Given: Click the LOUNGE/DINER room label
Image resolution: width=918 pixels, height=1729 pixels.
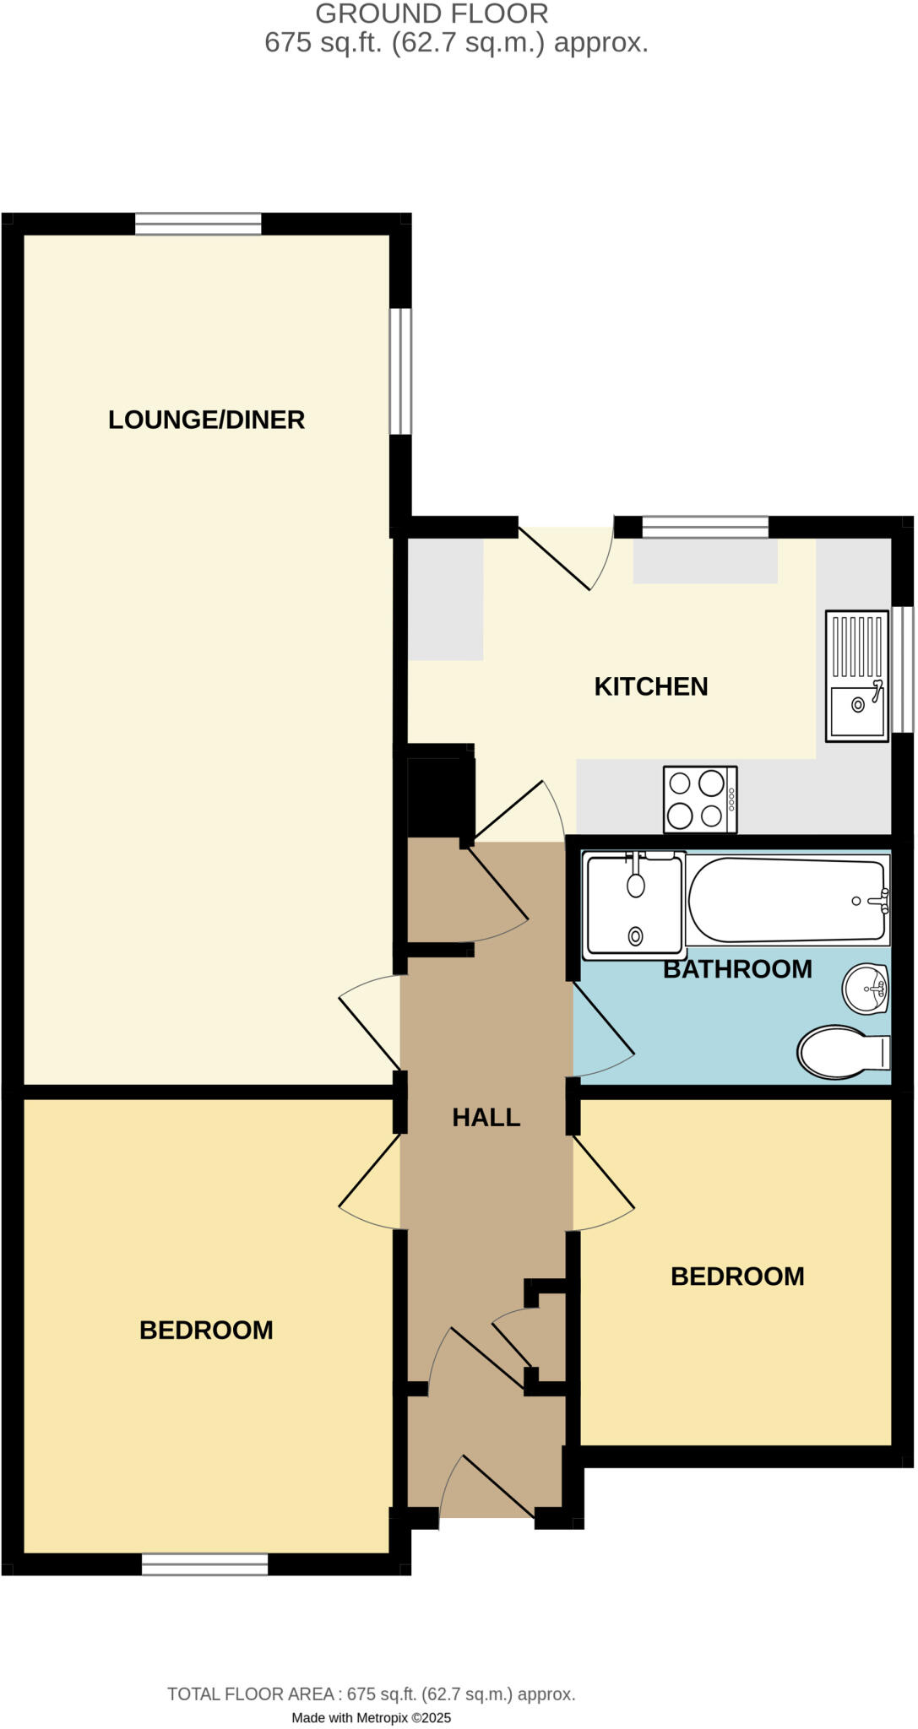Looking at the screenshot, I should tap(206, 420).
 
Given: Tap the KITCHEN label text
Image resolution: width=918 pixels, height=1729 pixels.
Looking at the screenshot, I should tap(650, 686).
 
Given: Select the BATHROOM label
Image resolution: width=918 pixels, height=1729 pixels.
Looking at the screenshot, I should tap(737, 968).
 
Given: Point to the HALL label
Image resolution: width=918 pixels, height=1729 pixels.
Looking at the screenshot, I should tap(486, 1117).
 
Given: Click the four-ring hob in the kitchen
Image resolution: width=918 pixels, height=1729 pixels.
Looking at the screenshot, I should tap(700, 799).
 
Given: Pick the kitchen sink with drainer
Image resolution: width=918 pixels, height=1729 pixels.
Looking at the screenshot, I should tap(857, 675).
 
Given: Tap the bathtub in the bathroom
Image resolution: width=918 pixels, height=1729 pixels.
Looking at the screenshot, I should tap(787, 900).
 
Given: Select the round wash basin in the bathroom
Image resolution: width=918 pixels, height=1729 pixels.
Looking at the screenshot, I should tap(865, 988).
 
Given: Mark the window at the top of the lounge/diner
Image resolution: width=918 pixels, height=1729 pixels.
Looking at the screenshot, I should tap(198, 224).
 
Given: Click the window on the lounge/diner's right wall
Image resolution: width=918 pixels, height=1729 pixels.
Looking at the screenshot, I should tap(400, 371).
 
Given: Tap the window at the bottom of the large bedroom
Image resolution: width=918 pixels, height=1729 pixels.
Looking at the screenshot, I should tap(204, 1564).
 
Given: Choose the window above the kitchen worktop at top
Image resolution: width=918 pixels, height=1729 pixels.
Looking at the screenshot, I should tap(705, 528).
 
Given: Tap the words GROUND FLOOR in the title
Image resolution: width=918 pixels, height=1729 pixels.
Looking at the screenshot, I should tap(432, 14).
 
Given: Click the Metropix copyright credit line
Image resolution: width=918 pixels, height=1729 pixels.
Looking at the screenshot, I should tap(372, 1717).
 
